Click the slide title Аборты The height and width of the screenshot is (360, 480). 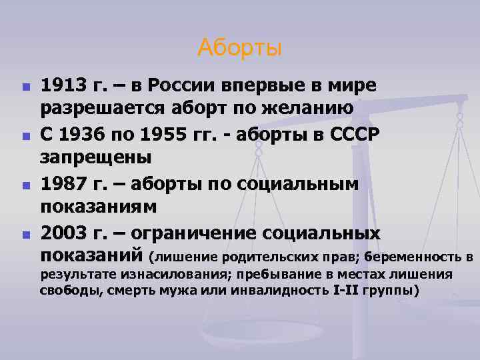[240, 48]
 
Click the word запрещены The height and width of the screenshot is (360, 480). [96, 157]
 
